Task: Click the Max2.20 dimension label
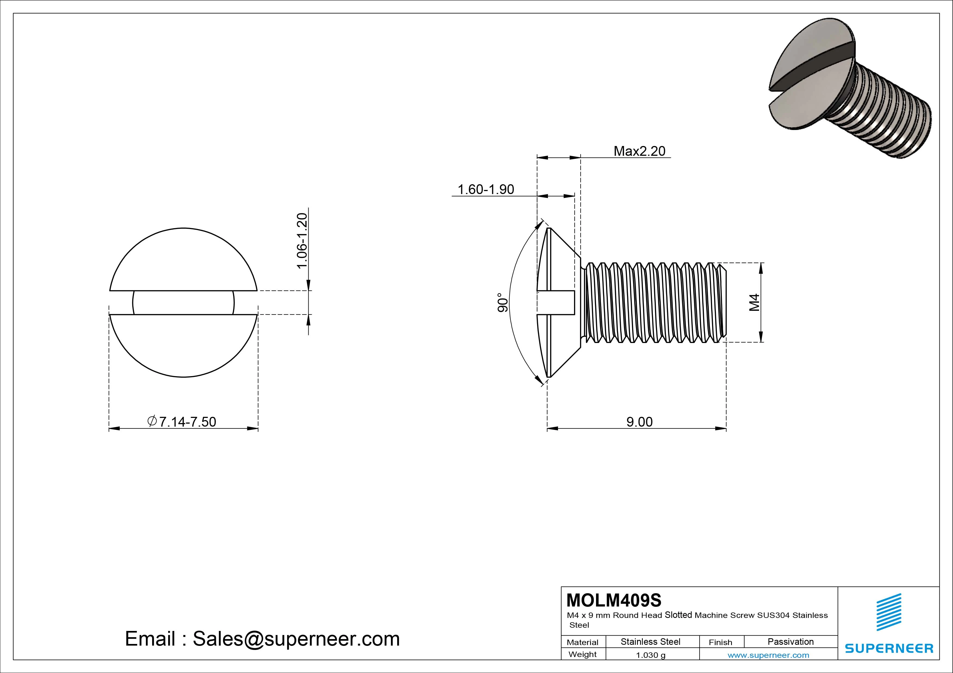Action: pyautogui.click(x=639, y=151)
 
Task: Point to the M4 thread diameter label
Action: pyautogui.click(x=754, y=302)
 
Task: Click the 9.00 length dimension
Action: pyautogui.click(x=639, y=422)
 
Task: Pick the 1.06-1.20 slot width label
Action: pyautogui.click(x=302, y=240)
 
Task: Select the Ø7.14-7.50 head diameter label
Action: pyautogui.click(x=182, y=421)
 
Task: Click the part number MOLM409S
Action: pyautogui.click(x=614, y=600)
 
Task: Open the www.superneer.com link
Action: pyautogui.click(x=768, y=655)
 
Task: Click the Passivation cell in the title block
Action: pyautogui.click(x=790, y=642)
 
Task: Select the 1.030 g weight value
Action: pyautogui.click(x=650, y=655)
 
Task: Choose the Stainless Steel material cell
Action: pyautogui.click(x=650, y=642)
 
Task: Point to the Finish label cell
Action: pyautogui.click(x=720, y=642)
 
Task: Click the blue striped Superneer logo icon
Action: pyautogui.click(x=889, y=612)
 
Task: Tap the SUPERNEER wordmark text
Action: pyautogui.click(x=889, y=648)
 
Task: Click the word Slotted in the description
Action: pyautogui.click(x=678, y=615)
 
